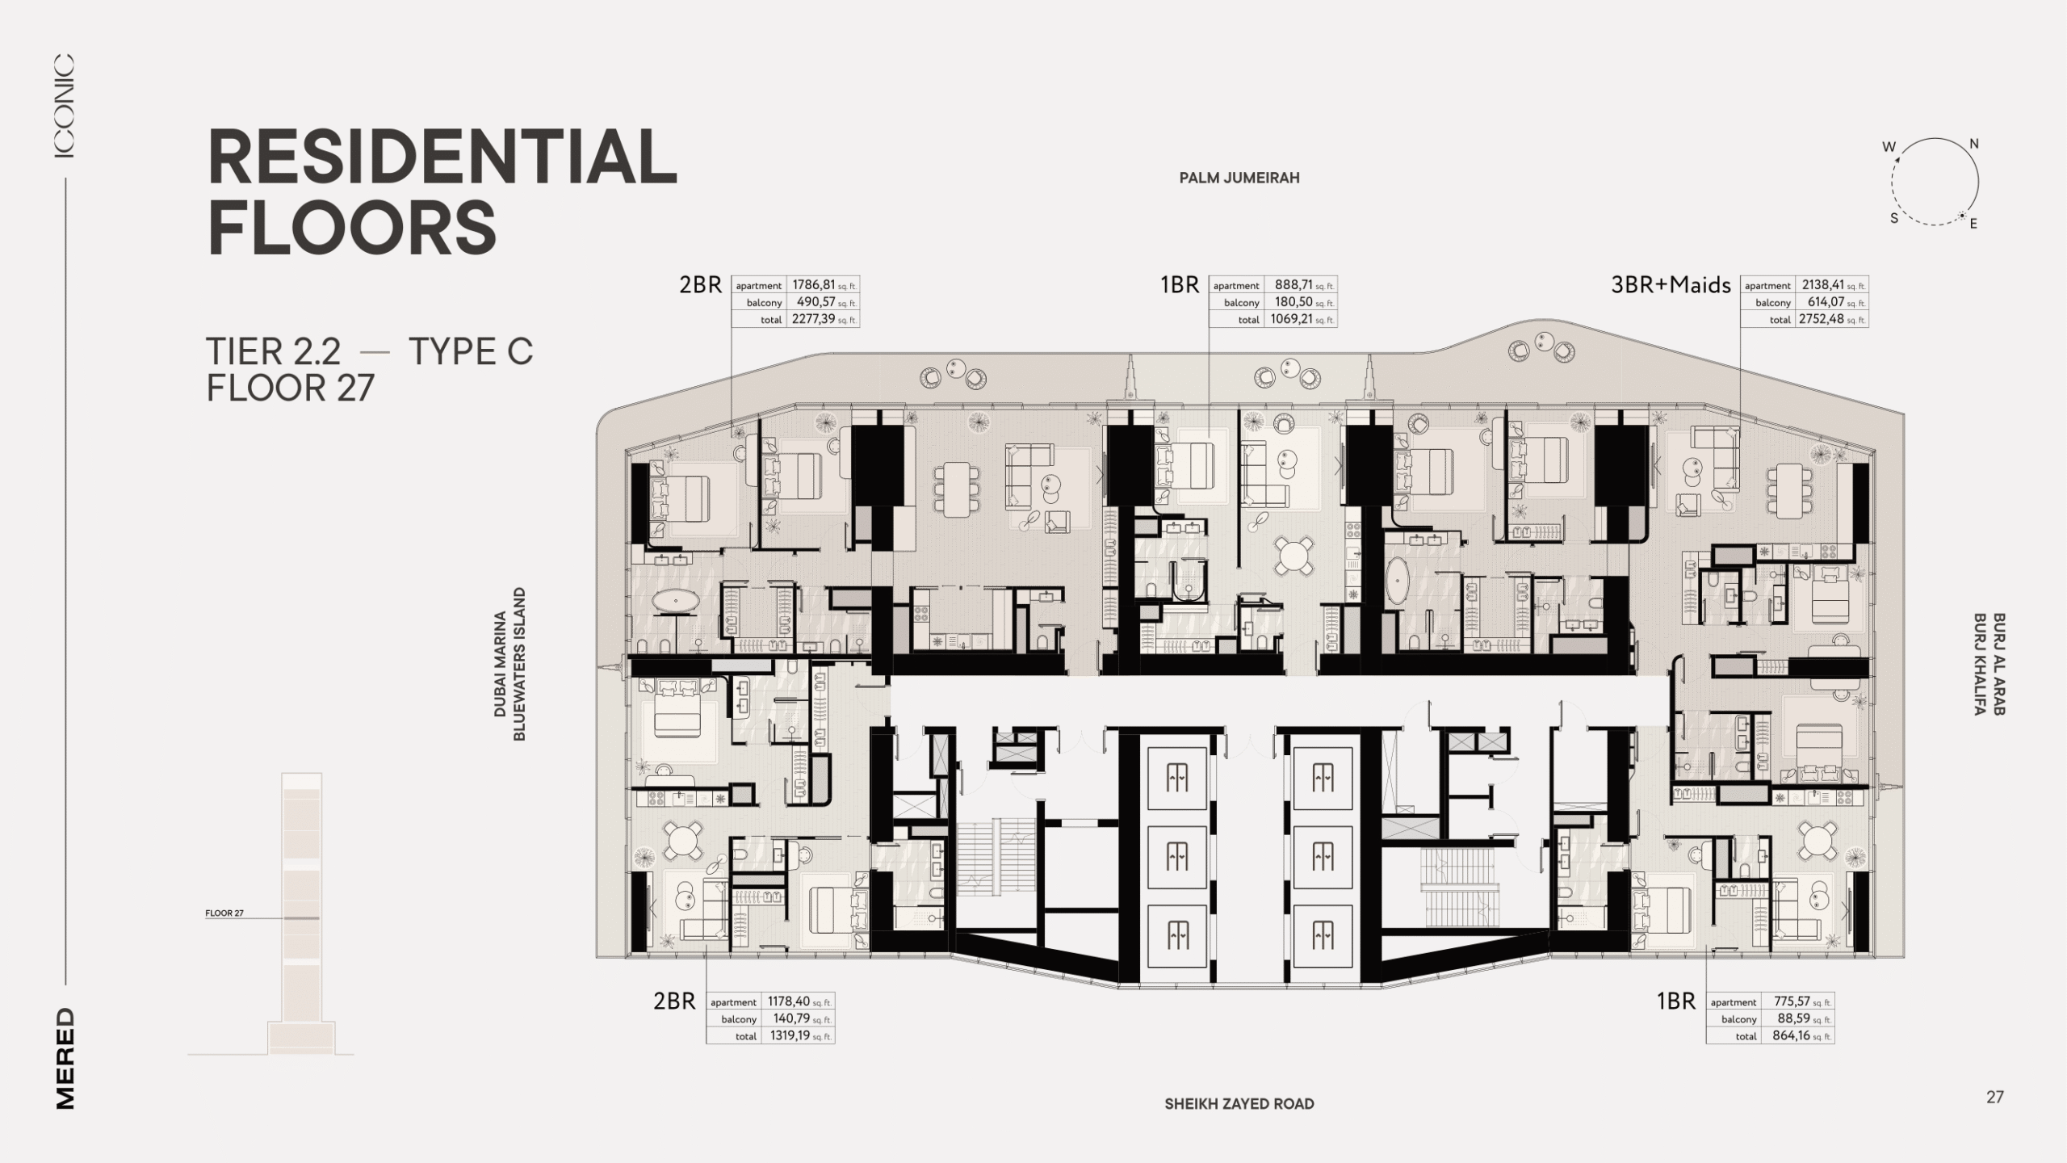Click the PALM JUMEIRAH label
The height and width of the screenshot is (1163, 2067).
[1239, 178]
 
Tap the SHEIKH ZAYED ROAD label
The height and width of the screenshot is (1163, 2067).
[1239, 1104]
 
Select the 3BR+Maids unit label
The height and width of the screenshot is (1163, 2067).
[1671, 285]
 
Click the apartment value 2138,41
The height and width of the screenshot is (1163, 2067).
[1822, 285]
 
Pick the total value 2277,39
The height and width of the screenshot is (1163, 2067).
[813, 319]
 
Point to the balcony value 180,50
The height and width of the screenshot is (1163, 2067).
[1293, 302]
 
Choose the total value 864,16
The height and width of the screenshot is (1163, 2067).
[1792, 1036]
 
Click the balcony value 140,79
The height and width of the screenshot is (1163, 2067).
[791, 1019]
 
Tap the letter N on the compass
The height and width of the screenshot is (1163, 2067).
[1974, 145]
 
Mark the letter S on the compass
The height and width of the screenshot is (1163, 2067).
[1893, 218]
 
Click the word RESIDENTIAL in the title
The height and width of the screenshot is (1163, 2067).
[442, 157]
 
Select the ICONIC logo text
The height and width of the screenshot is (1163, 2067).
[65, 106]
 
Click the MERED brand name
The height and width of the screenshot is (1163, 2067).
[65, 1059]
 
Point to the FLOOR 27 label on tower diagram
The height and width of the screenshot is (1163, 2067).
[224, 913]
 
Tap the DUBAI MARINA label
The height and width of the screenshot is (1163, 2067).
[501, 664]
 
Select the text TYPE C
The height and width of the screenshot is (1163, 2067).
[471, 352]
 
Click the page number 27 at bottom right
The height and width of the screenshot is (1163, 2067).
[1995, 1098]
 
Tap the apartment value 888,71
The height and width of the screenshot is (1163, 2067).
[1293, 285]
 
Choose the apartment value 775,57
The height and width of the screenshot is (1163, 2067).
[1792, 1002]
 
